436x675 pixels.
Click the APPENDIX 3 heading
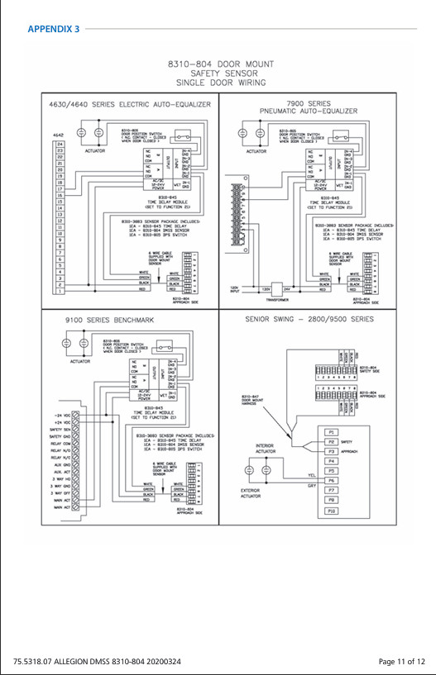pyautogui.click(x=54, y=29)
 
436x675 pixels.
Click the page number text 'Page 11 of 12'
pyautogui.click(x=401, y=661)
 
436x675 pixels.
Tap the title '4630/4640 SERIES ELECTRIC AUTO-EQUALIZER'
pyautogui.click(x=121, y=105)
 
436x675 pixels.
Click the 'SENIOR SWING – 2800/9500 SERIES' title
pyautogui.click(x=309, y=318)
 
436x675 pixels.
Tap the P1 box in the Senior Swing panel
pyautogui.click(x=331, y=432)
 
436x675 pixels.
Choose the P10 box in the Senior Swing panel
pyautogui.click(x=331, y=511)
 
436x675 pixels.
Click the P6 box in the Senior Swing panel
pyautogui.click(x=331, y=480)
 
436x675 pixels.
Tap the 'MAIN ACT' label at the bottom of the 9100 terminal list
pyautogui.click(x=63, y=507)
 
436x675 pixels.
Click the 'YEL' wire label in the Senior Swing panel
pyautogui.click(x=311, y=475)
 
